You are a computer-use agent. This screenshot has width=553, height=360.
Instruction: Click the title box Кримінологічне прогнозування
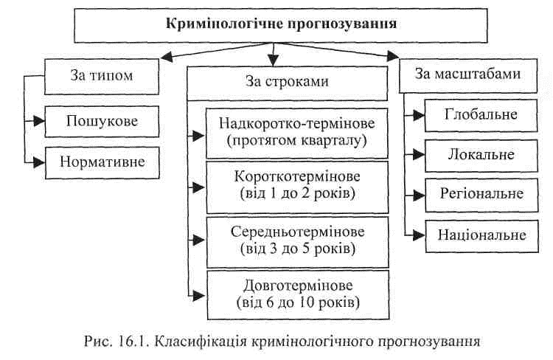point(281,25)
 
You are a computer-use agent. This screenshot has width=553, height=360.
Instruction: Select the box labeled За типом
point(102,77)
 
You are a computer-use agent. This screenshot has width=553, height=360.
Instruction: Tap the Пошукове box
point(102,122)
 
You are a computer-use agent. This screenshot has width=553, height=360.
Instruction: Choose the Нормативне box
point(102,163)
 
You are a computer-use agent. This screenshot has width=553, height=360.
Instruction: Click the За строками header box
point(287,83)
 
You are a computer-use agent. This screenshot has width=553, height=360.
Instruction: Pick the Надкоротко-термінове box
point(297,133)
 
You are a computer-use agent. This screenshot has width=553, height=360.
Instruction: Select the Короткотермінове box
point(297,187)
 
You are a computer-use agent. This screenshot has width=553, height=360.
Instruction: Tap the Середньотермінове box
point(298,242)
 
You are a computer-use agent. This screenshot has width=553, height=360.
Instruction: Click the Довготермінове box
point(298,295)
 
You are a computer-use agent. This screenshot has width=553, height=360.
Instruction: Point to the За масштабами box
point(468,75)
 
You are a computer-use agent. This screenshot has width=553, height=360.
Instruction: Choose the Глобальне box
point(481,115)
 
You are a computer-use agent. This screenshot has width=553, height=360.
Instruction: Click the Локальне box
point(481,156)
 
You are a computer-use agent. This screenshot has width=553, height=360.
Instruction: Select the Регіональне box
point(481,195)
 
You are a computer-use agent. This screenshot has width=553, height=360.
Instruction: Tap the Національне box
point(482,236)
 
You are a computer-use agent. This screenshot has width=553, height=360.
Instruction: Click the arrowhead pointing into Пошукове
point(39,121)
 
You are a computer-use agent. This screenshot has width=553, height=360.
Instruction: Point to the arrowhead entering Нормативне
point(39,163)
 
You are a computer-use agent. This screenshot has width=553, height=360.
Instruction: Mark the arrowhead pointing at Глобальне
point(419,115)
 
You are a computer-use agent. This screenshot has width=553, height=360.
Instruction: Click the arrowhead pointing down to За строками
point(274,60)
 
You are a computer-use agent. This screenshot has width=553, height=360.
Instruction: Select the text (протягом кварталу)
point(297,141)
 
